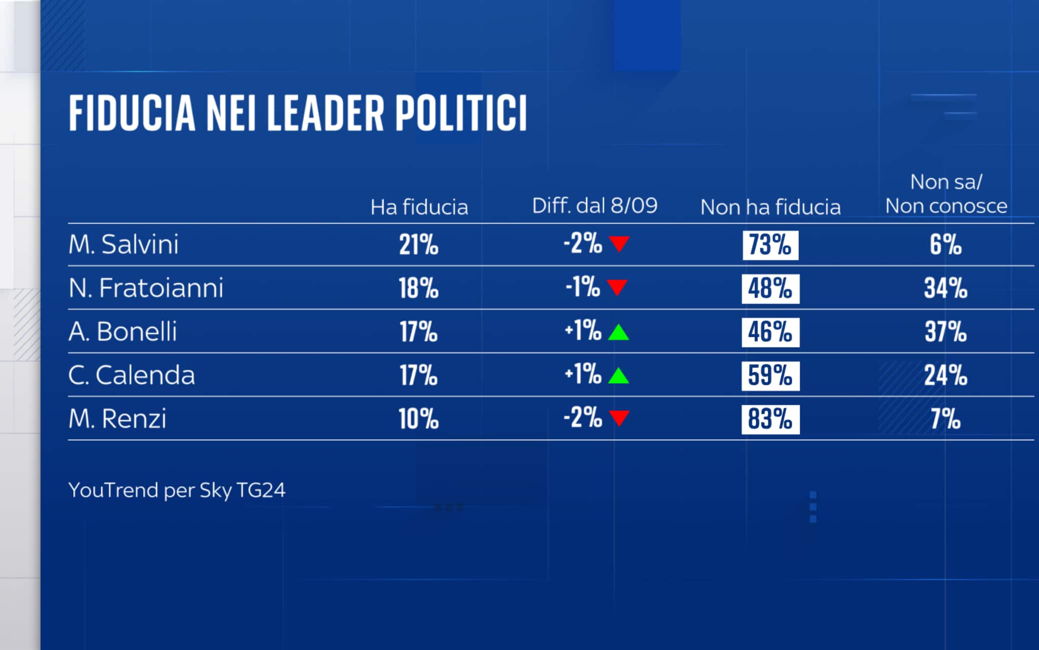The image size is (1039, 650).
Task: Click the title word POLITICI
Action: click(x=461, y=113)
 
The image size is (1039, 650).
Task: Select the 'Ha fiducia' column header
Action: click(x=419, y=207)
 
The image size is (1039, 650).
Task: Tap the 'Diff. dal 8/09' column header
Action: click(x=594, y=206)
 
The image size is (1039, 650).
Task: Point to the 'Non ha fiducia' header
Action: click(x=770, y=207)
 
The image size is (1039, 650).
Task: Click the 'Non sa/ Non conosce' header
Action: click(x=946, y=194)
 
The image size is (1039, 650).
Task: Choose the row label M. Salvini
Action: click(x=123, y=245)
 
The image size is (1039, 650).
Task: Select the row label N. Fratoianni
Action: click(x=146, y=288)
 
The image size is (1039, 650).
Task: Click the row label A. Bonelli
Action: click(x=123, y=331)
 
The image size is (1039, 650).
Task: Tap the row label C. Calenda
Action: click(x=131, y=375)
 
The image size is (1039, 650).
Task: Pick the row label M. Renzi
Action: click(x=117, y=418)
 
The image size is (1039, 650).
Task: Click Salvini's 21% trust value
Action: click(x=419, y=245)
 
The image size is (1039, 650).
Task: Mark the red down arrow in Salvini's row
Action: click(x=619, y=244)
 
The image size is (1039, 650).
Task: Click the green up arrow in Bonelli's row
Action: click(x=618, y=332)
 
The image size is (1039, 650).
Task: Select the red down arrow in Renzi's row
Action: click(x=619, y=418)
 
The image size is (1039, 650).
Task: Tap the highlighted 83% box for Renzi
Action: click(x=770, y=419)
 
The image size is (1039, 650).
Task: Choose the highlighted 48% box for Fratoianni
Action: click(x=770, y=289)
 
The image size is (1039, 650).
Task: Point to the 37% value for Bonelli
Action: click(x=946, y=332)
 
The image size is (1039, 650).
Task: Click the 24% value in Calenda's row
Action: click(x=946, y=375)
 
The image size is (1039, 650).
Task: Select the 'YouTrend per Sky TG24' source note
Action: click(x=177, y=490)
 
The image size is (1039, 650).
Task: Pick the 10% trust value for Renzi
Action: click(x=419, y=419)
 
